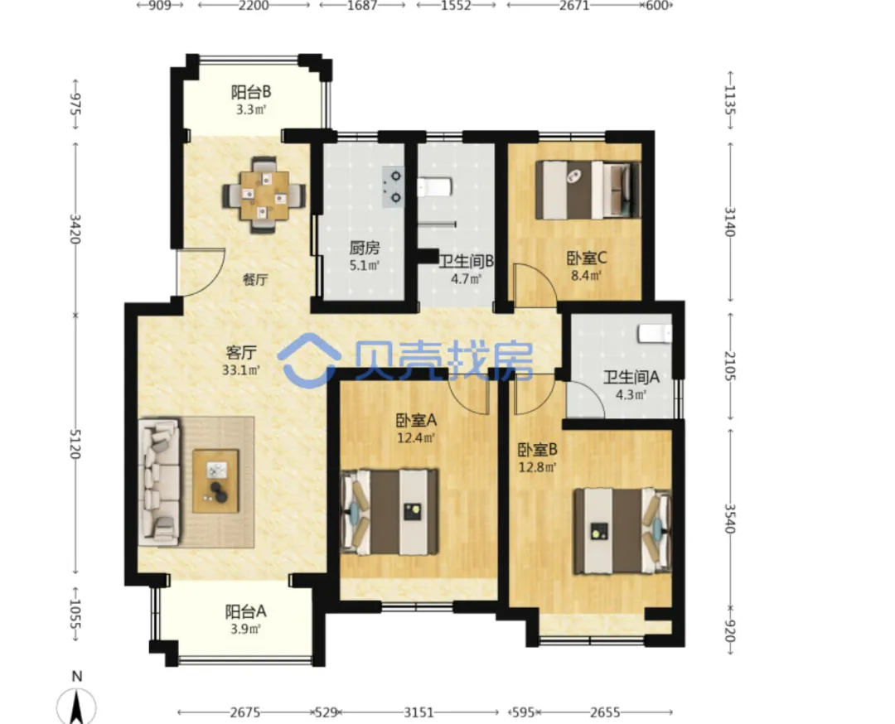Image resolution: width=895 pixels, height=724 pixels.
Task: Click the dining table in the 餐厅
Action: point(264,195)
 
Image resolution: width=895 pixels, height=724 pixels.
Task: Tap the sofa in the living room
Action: point(159,482)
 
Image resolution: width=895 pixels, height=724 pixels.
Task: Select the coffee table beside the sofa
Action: point(215,481)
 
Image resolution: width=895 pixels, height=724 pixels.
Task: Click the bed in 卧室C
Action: point(588,190)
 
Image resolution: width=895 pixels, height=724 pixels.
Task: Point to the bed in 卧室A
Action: point(389,512)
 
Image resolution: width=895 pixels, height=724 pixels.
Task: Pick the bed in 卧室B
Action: point(622,531)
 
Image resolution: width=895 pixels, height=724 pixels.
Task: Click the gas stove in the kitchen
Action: point(392,186)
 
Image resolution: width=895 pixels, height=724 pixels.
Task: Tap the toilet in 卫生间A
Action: point(655,334)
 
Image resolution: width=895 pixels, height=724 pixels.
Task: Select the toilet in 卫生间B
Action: point(435,186)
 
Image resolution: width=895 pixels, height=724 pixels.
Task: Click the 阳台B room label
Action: point(250,92)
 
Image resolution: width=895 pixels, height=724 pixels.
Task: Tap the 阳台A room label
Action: point(245,611)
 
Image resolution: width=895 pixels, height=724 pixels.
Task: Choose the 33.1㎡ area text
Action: point(241,370)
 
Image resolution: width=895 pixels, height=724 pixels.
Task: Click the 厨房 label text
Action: point(364,249)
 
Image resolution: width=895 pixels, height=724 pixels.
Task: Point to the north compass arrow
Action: point(76,707)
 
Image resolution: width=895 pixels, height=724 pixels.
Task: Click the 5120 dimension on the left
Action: point(75,445)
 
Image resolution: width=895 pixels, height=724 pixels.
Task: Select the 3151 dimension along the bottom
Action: point(419,712)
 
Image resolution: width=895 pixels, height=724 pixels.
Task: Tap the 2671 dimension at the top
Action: point(574,6)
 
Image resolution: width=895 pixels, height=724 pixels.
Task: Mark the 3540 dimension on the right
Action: point(730,518)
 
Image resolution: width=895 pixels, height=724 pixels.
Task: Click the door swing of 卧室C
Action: point(535,284)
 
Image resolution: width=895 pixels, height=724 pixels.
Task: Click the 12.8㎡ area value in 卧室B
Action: point(537,468)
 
